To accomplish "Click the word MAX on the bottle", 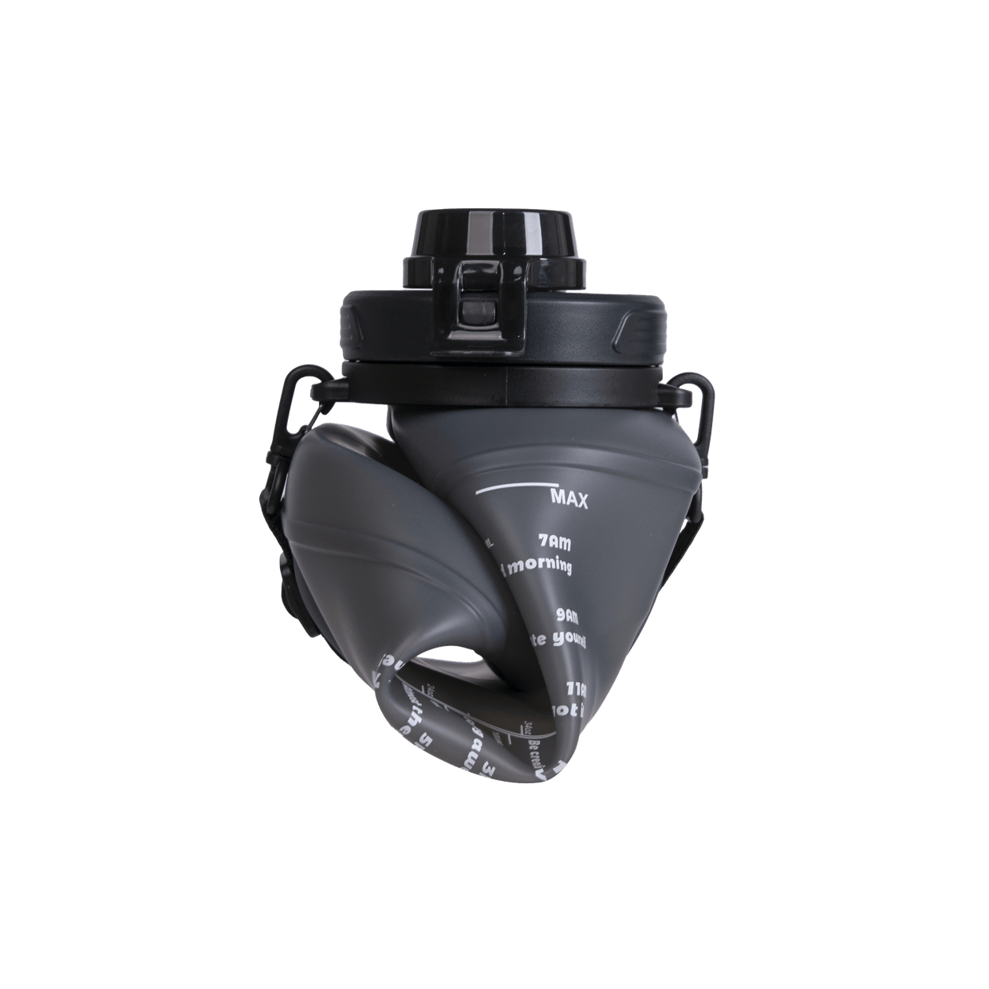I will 569,501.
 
